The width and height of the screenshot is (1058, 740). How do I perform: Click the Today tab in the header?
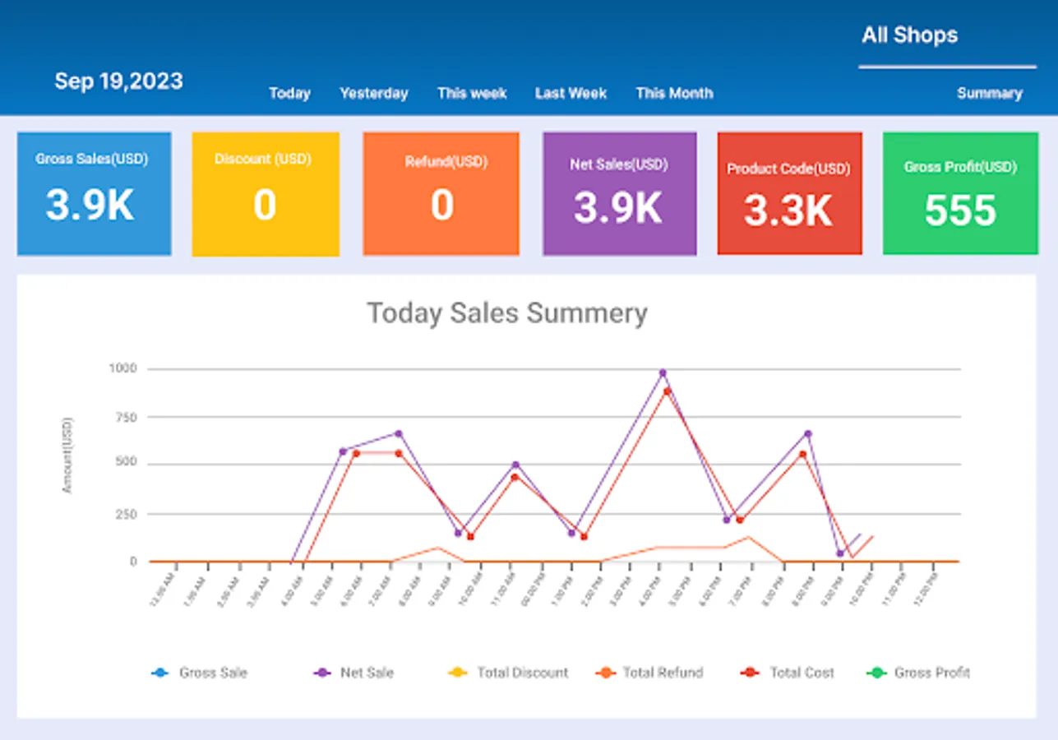tap(289, 93)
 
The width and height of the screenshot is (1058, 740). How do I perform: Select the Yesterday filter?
tap(374, 93)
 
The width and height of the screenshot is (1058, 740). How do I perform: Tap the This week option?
tap(472, 93)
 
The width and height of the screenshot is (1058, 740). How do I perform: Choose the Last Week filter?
tap(571, 93)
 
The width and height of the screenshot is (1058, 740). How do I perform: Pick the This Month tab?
tap(674, 93)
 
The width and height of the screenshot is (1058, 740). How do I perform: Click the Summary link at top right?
tap(989, 93)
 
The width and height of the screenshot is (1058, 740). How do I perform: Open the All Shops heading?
tap(909, 35)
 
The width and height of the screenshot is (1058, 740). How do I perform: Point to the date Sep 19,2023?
tap(118, 81)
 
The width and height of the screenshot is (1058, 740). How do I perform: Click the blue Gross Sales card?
tap(94, 193)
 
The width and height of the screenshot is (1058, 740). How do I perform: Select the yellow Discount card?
tap(265, 194)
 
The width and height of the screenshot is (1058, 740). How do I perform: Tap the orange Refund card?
tap(441, 194)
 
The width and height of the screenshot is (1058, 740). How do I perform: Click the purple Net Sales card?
tap(619, 194)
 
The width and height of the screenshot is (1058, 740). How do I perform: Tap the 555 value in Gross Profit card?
tap(960, 211)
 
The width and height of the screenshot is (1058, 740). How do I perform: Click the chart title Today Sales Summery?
tap(506, 313)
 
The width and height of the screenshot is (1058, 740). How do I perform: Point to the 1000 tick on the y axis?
tap(122, 368)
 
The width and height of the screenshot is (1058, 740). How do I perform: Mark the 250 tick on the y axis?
tap(125, 514)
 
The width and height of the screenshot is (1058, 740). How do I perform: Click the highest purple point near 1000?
tap(663, 373)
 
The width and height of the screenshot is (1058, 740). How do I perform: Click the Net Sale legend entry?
tap(354, 673)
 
